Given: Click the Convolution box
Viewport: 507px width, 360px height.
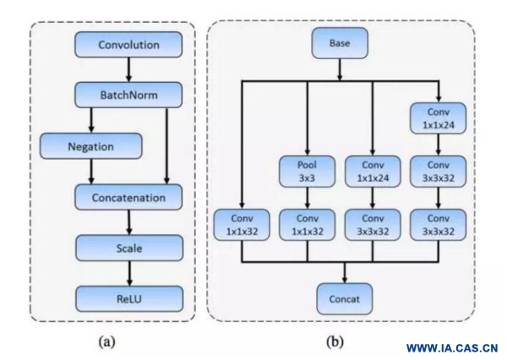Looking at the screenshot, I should [x=128, y=44].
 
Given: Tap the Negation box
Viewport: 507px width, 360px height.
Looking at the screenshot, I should [x=90, y=146].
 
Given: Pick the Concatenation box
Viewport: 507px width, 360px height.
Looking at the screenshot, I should [x=128, y=198].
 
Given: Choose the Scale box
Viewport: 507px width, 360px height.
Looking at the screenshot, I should [x=128, y=248].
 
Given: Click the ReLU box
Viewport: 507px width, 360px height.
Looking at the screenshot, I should [x=128, y=297].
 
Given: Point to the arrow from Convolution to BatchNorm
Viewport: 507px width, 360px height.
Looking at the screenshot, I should [x=128, y=68].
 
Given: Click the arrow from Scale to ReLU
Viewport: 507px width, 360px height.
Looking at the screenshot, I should [x=128, y=273].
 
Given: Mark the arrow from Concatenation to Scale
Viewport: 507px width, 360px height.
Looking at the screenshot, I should [x=128, y=223].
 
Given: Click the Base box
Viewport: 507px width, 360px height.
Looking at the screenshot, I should [x=340, y=42].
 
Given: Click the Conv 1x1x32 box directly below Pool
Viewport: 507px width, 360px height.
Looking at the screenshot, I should [x=306, y=223].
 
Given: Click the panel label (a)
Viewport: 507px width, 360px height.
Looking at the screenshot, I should [x=106, y=343].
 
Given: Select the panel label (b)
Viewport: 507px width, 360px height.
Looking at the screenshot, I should [x=334, y=343].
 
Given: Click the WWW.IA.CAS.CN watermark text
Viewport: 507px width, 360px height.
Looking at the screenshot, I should [x=452, y=348].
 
